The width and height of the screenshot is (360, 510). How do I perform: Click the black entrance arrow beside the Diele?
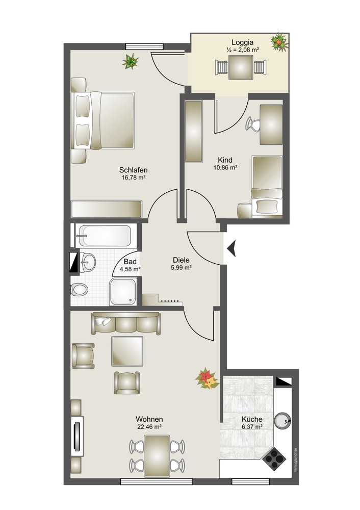point(232,249)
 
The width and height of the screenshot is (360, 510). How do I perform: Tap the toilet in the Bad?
point(80,289)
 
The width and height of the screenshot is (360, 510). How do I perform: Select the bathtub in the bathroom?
point(107,236)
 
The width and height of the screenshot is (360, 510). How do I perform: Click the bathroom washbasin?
point(87,262)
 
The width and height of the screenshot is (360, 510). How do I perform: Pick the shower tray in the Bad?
point(122,291)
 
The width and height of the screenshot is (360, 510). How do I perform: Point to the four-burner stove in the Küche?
point(274,458)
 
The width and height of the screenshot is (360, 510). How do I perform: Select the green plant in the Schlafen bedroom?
point(131,61)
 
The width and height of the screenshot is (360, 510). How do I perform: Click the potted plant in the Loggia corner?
point(279,42)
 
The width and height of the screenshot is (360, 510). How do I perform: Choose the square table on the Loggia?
point(241,67)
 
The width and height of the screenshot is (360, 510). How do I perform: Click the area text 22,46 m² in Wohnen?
point(149,427)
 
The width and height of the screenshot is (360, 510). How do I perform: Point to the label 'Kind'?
point(225,160)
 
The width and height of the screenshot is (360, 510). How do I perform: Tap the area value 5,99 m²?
point(181,268)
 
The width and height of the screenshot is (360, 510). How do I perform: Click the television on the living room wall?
point(78,436)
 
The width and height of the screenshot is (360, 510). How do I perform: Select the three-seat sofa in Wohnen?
point(126,323)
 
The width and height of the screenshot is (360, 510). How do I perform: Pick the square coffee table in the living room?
point(127,351)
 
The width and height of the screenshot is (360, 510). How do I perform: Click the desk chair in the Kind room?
point(253,124)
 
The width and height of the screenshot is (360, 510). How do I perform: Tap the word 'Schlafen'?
point(133,170)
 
